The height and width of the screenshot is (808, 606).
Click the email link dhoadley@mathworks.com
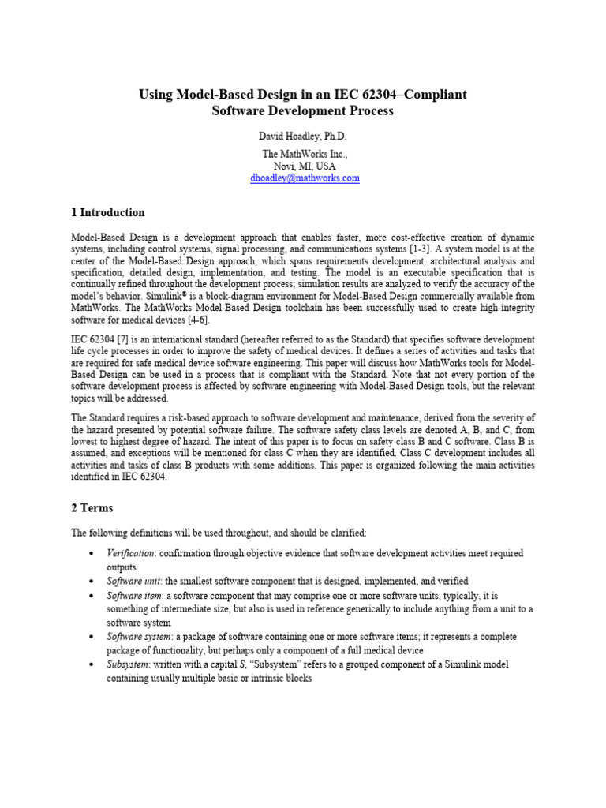(305, 178)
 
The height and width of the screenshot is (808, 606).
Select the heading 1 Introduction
(108, 212)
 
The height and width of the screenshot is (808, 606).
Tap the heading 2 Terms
(92, 507)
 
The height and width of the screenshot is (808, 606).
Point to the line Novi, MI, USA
(304, 166)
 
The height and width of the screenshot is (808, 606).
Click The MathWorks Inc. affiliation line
(304, 155)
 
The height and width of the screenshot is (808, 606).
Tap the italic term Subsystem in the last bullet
(129, 664)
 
